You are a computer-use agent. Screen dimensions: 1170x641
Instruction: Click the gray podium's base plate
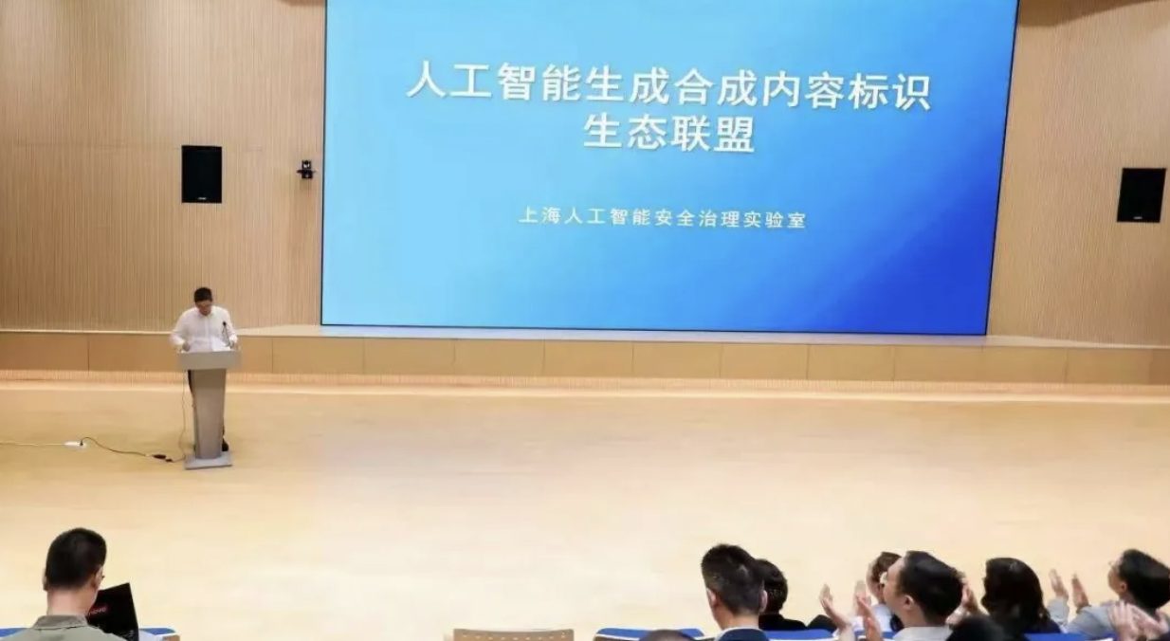pyautogui.click(x=208, y=460)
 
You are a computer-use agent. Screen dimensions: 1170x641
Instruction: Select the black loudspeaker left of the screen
pyautogui.click(x=202, y=174)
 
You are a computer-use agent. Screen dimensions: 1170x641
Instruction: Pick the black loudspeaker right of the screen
pyautogui.click(x=1142, y=194)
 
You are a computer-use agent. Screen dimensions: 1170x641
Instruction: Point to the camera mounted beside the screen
pyautogui.click(x=305, y=170)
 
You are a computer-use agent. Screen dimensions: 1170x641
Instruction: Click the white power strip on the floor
pyautogui.click(x=73, y=444)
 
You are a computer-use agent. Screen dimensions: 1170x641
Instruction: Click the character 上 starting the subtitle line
pyautogui.click(x=529, y=215)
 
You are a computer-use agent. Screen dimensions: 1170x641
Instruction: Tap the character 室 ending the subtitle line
pyautogui.click(x=795, y=220)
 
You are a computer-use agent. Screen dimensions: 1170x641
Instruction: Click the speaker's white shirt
pyautogui.click(x=204, y=329)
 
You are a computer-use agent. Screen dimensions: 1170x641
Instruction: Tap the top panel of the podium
pyautogui.click(x=209, y=360)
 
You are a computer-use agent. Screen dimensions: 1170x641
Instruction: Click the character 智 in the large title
pyautogui.click(x=515, y=82)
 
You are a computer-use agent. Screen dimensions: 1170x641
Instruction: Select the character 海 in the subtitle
pyautogui.click(x=551, y=216)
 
